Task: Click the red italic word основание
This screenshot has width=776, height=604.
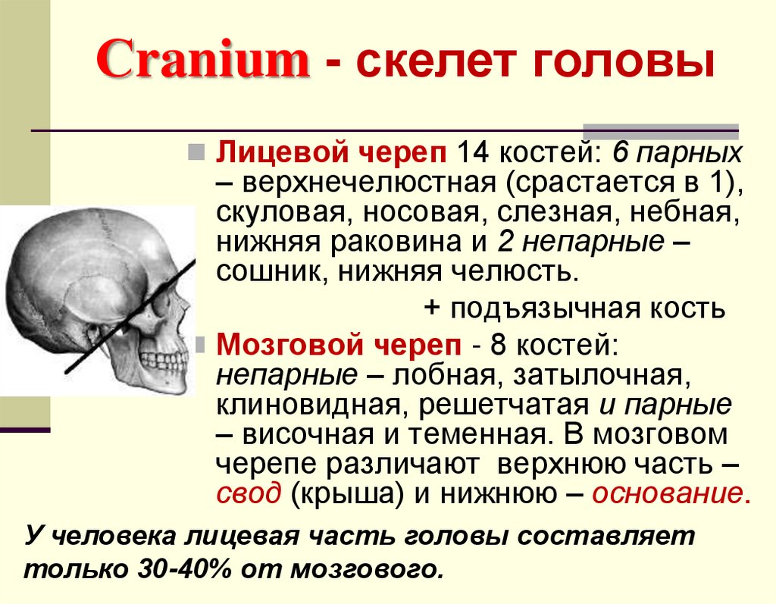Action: pos(664,493)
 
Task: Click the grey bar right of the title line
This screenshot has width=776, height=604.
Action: pos(661,128)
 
